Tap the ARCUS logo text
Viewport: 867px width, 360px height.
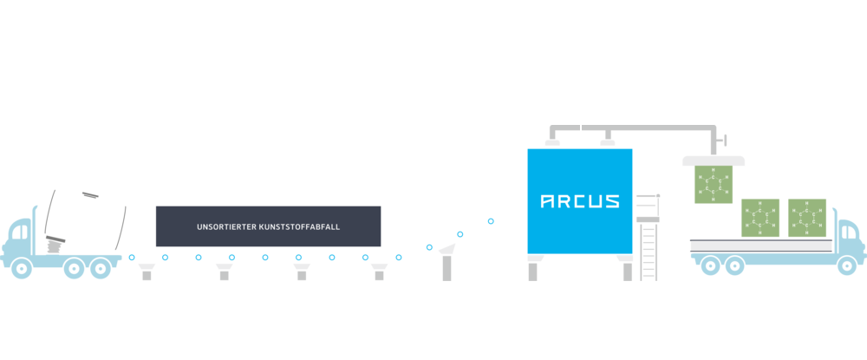point(580,201)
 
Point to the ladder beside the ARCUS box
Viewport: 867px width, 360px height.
point(649,247)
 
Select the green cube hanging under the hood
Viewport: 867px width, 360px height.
point(714,185)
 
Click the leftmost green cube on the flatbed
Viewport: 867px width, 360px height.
point(760,218)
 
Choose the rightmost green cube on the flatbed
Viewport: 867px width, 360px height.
point(807,218)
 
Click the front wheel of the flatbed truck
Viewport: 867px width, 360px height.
point(846,267)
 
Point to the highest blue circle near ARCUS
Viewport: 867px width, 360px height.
point(491,221)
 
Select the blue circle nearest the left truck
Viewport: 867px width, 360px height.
point(132,258)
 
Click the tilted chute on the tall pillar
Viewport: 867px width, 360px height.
point(447,249)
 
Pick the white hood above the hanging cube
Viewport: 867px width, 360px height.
point(714,160)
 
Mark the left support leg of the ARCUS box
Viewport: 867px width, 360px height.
point(533,271)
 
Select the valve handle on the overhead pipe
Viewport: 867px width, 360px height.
point(725,140)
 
